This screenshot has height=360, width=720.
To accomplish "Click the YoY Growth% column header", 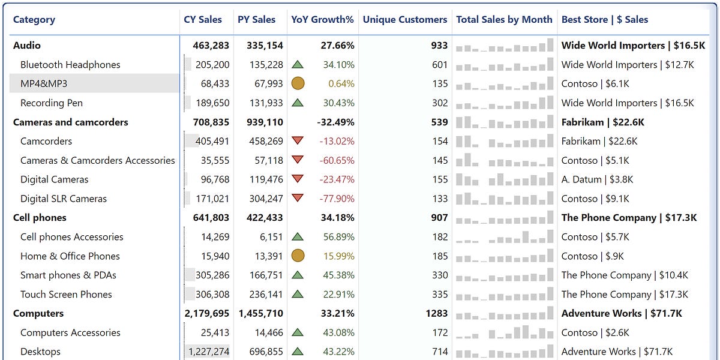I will click(322, 19).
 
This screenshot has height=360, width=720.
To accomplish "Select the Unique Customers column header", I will click(404, 19).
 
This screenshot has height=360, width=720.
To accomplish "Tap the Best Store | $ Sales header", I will click(604, 19).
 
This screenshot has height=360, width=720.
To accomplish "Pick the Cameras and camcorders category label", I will click(70, 122).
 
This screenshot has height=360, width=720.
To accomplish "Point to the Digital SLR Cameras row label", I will click(63, 199).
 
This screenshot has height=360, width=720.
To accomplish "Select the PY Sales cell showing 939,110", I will click(260, 122).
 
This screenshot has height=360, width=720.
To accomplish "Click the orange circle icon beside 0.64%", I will click(298, 83).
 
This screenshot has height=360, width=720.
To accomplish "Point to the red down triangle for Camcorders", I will click(297, 141).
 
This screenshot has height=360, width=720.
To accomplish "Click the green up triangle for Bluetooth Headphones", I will click(297, 64).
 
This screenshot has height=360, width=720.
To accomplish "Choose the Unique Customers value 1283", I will click(437, 313).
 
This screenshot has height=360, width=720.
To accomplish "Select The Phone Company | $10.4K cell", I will click(624, 275).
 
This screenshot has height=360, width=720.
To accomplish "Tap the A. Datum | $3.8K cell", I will click(597, 179).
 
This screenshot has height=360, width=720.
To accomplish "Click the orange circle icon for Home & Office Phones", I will click(298, 256).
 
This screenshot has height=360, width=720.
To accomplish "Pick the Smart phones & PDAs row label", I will click(68, 275).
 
